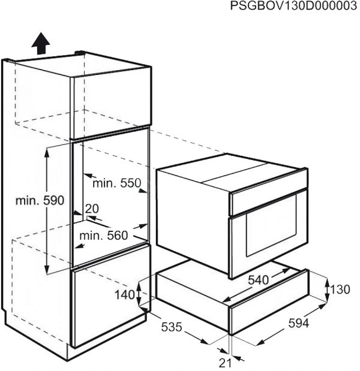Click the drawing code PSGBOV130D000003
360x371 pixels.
(293, 6)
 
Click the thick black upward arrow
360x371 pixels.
(41, 43)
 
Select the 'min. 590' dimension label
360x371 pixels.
(40, 201)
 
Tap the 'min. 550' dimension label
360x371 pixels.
(117, 183)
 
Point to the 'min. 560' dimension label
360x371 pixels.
(103, 236)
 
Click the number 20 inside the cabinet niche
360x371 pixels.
(92, 209)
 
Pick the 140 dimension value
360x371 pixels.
(125, 295)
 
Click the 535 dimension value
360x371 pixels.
(172, 327)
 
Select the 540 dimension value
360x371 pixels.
(259, 280)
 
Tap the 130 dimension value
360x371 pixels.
(340, 289)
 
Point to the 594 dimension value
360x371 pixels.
(299, 323)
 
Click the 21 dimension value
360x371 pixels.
(225, 363)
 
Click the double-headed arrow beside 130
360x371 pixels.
(327, 289)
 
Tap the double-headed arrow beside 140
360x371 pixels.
(139, 295)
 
